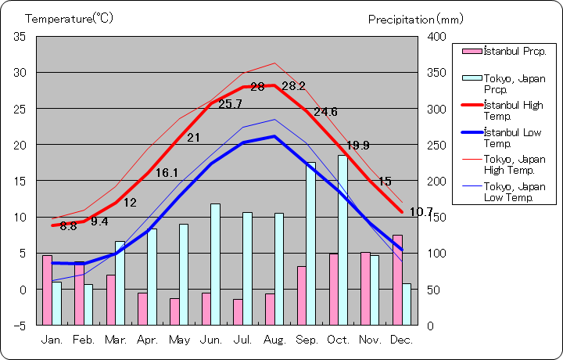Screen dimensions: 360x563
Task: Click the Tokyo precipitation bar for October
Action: (342, 239)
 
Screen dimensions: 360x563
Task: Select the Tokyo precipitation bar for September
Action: (310, 243)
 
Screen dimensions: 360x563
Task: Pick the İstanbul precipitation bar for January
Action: (47, 290)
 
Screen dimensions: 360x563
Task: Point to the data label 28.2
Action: (293, 86)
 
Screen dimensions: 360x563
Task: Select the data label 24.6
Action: (325, 112)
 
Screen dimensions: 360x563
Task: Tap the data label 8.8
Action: (68, 226)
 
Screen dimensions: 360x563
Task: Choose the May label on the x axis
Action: (179, 340)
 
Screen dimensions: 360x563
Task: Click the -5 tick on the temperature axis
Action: (20, 325)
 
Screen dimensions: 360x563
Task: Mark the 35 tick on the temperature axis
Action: (20, 37)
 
